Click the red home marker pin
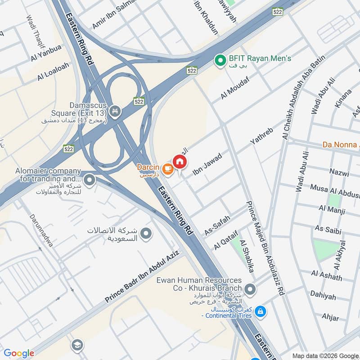179,161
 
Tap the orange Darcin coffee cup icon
168,169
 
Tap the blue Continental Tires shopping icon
260,311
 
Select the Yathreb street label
261,136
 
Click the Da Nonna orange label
341,145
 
